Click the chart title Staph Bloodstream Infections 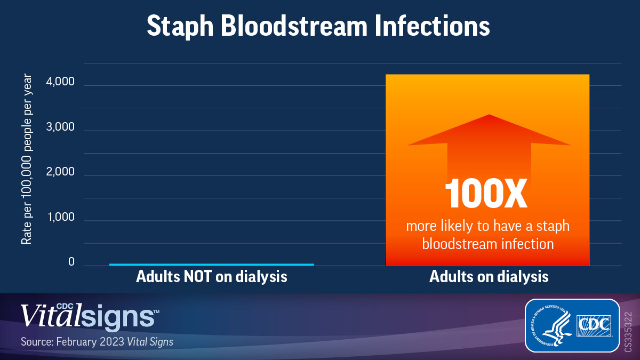pyautogui.click(x=318, y=26)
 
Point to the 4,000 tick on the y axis pyautogui.click(x=71, y=85)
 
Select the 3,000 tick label pyautogui.click(x=71, y=130)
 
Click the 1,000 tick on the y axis pyautogui.click(x=71, y=219)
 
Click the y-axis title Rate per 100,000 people pyautogui.click(x=27, y=159)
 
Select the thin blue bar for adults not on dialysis pyautogui.click(x=211, y=264)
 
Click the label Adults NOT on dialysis pyautogui.click(x=211, y=277)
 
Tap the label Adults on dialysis pyautogui.click(x=489, y=277)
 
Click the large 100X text pyautogui.click(x=486, y=194)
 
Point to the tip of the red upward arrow pyautogui.click(x=489, y=116)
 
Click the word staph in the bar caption pyautogui.click(x=553, y=226)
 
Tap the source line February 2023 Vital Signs pyautogui.click(x=97, y=342)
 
